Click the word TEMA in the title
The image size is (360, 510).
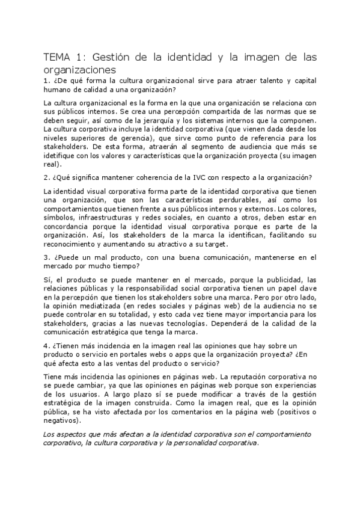[58, 58]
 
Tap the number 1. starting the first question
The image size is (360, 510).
[47, 81]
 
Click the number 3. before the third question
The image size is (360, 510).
[47, 257]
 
